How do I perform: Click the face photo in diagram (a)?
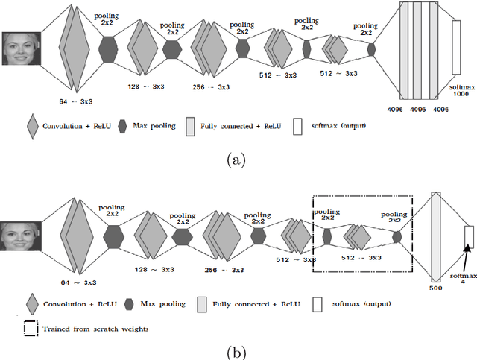(21, 48)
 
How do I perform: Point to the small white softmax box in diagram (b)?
(469, 236)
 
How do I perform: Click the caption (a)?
(236, 160)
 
